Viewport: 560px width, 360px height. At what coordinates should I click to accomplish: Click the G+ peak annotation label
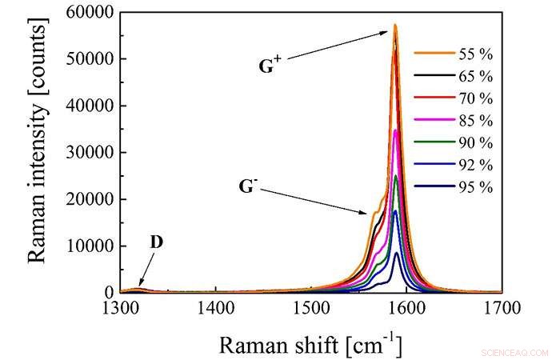point(269,67)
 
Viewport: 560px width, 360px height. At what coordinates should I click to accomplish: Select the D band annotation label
point(157,241)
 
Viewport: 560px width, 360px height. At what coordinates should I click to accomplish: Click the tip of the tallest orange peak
point(395,25)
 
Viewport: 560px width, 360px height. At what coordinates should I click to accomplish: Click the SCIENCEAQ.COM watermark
point(515,352)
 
